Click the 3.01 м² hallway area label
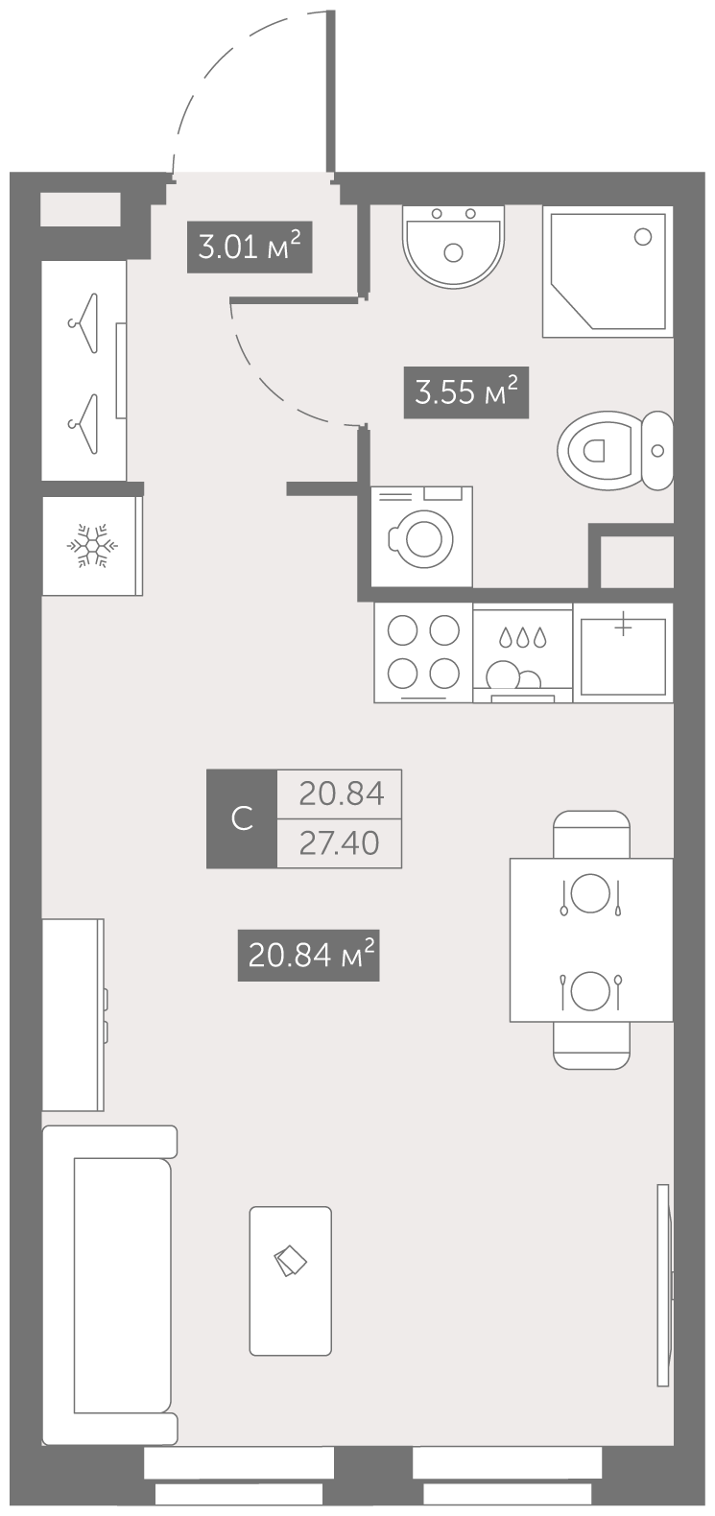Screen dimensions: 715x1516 click(250, 247)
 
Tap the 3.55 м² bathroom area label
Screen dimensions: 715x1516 click(465, 391)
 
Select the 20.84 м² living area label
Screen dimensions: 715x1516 click(308, 955)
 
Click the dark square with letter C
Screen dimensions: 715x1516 click(242, 818)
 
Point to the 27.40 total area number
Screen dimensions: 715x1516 click(339, 843)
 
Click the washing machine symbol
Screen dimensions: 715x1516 click(421, 536)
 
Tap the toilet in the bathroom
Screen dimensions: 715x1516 click(615, 450)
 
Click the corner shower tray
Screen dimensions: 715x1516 click(608, 272)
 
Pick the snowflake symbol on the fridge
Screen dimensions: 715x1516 click(92, 545)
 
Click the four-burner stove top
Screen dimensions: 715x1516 click(423, 652)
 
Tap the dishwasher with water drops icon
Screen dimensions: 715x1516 click(523, 653)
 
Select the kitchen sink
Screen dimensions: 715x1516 click(623, 653)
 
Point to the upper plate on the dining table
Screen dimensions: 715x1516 click(589, 893)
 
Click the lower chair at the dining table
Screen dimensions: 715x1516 click(591, 1045)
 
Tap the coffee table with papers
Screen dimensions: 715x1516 click(291, 1281)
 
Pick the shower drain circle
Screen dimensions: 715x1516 click(643, 237)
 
